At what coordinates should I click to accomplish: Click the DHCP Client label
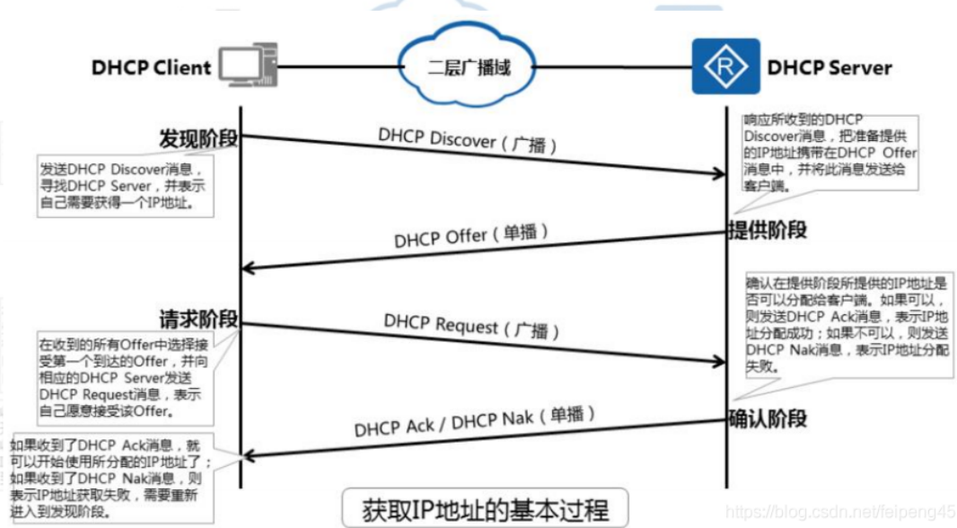pos(151,67)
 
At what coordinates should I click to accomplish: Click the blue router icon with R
pos(725,66)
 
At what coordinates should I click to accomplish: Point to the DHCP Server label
pos(830,67)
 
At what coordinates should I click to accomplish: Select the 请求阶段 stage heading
pos(198,319)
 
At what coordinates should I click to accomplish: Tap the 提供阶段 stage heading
pos(767,229)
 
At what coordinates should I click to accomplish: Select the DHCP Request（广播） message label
pos(472,326)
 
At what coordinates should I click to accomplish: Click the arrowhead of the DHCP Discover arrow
pos(717,174)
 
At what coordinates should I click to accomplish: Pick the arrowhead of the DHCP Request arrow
pos(717,362)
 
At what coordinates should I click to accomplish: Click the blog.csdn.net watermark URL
pos(839,512)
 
